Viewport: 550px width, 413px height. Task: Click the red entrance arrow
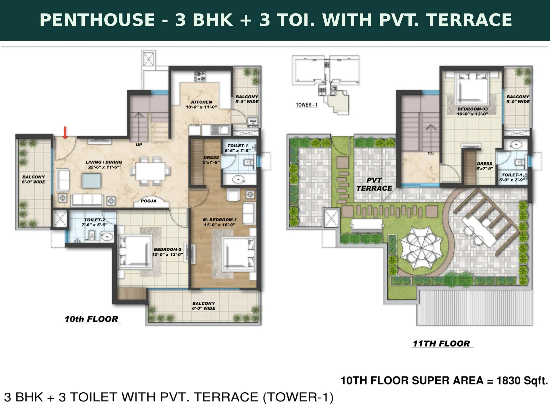pos(65,133)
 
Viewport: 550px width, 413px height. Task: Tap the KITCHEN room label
pos(202,102)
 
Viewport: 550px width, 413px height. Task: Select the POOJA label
pos(148,201)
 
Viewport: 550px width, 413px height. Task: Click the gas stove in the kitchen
pos(200,76)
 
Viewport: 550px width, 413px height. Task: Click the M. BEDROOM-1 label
pos(220,220)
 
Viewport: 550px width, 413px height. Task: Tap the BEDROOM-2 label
pos(167,249)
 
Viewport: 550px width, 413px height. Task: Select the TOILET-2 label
pos(95,220)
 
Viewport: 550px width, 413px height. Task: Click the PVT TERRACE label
pos(374,184)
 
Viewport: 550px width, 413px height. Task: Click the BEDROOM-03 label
pos(472,109)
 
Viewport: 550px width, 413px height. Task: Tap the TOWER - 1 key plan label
pos(307,105)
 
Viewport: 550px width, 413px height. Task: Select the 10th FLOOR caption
pos(91,319)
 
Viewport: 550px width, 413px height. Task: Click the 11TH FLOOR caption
pos(441,343)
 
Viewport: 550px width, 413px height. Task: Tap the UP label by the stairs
pos(139,145)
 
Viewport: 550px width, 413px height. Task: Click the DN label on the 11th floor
pos(431,154)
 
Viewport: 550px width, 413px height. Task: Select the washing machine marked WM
pos(252,121)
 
